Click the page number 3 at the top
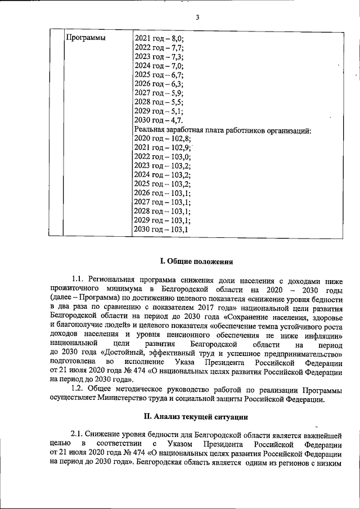[x=197, y=17]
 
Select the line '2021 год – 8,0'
[x=159, y=38]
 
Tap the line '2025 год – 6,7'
[x=159, y=74]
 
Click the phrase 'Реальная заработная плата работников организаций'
[x=223, y=130]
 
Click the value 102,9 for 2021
[x=180, y=147]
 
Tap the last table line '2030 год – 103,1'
[x=161, y=229]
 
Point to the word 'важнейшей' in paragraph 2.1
[x=323, y=434]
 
